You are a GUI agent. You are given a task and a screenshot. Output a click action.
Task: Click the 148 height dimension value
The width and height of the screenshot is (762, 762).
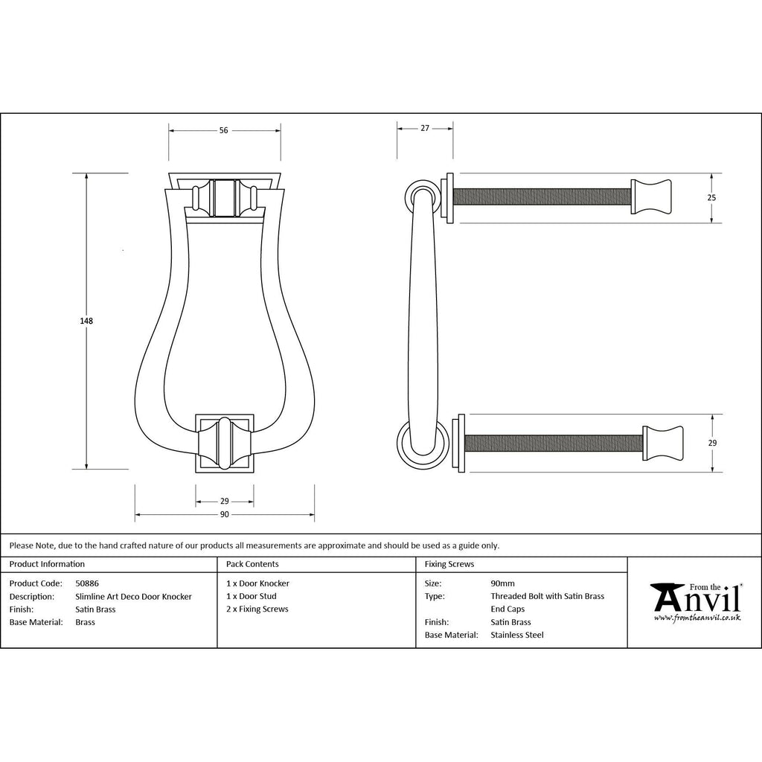point(86,321)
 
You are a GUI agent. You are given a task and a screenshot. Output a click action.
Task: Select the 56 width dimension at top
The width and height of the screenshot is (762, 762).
point(223,130)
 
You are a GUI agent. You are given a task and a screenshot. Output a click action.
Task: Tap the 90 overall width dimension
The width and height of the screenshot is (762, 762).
point(224,514)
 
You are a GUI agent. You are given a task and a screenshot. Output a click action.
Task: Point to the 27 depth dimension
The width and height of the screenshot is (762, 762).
point(425,128)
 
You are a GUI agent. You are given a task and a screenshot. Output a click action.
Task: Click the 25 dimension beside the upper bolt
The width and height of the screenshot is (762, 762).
point(711,198)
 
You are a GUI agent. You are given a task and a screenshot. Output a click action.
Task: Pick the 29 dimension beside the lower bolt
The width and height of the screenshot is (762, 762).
point(712,443)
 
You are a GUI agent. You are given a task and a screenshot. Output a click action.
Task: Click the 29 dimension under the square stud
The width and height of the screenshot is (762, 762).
point(224,501)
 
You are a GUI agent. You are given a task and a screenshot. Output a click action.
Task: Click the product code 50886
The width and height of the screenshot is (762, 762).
point(87,583)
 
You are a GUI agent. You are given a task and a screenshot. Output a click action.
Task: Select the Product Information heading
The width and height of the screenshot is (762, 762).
point(47,564)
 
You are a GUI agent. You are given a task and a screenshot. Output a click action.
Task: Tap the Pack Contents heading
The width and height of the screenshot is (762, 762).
point(252,564)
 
